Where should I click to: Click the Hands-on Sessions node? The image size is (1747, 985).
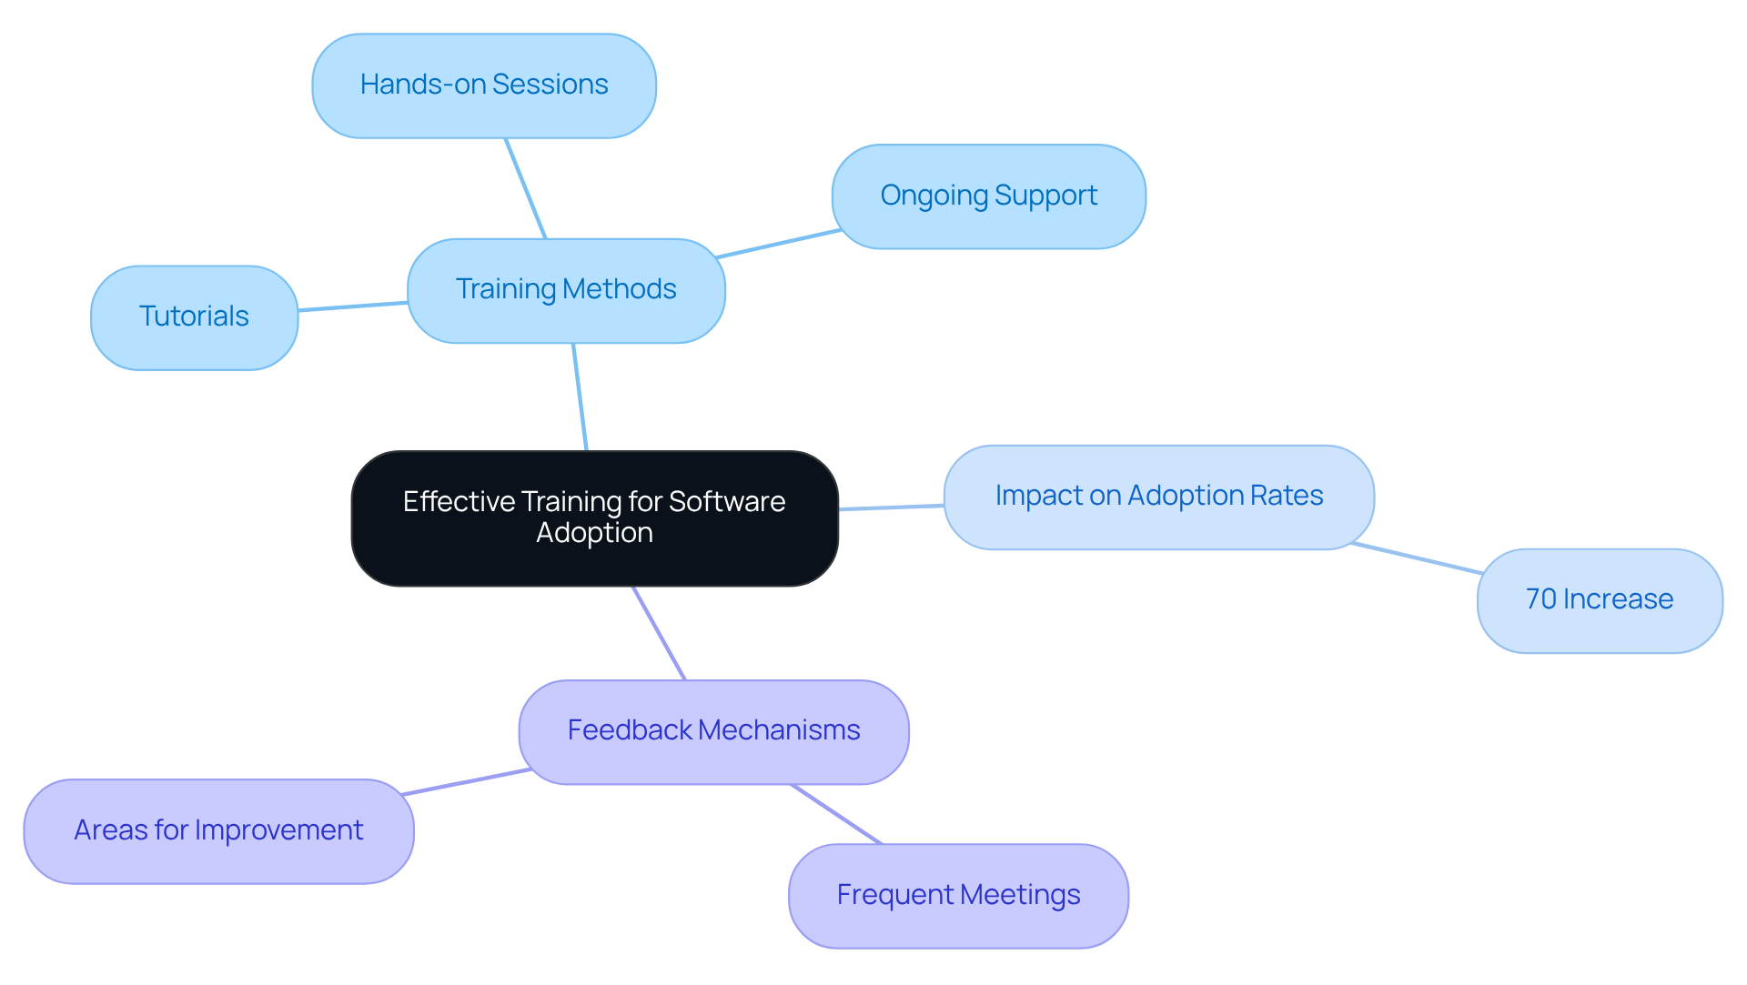[484, 85]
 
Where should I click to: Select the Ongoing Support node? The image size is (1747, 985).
[988, 196]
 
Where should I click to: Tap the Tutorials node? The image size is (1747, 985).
[194, 317]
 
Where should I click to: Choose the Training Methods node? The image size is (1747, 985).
[566, 289]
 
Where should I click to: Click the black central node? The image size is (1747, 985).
[594, 517]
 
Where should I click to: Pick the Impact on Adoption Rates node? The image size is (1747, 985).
[1158, 496]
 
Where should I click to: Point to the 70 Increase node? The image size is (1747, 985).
[1599, 599]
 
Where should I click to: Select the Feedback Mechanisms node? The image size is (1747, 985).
[713, 730]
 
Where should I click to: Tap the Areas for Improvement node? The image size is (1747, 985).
[218, 830]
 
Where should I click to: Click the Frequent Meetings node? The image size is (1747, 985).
[958, 895]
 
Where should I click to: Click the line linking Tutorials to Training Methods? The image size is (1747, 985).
[353, 307]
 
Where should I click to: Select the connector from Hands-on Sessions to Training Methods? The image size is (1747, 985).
[526, 188]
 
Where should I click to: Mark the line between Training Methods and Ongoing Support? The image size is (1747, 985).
[778, 244]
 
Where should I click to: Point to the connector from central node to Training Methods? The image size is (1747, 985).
[580, 397]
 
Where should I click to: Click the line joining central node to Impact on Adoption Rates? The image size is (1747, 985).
[892, 508]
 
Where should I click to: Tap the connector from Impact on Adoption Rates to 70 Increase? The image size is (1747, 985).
[1417, 558]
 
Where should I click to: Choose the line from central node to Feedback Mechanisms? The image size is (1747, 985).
[659, 632]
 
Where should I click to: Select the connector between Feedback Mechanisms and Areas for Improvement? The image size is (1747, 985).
[466, 782]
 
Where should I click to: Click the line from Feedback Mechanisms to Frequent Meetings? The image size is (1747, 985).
[836, 814]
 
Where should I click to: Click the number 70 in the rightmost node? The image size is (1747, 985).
[1540, 599]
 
